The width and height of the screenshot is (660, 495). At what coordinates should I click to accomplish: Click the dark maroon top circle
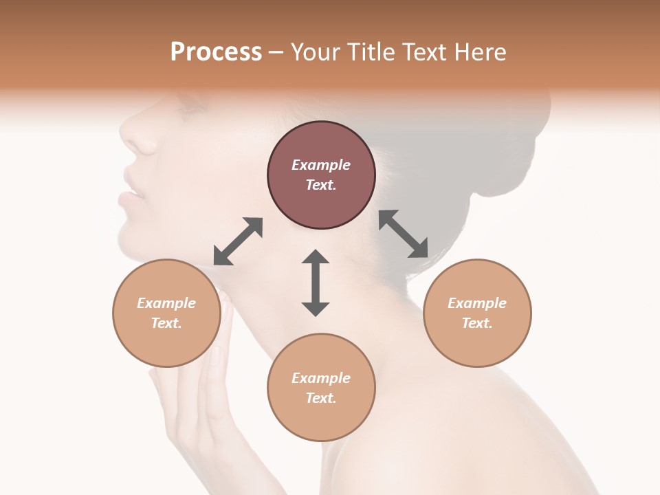321,175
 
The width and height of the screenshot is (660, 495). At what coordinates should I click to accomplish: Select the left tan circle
166,313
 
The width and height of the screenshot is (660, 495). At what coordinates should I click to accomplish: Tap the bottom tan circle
321,388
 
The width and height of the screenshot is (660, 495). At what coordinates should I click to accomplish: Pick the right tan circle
477,313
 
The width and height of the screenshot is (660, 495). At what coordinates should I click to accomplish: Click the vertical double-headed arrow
316,283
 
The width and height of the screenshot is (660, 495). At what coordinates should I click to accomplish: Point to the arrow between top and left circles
238,241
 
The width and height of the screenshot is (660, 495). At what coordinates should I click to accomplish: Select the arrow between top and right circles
404,234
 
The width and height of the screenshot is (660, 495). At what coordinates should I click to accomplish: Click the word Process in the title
216,52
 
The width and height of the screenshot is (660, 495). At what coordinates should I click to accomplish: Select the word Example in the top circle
321,165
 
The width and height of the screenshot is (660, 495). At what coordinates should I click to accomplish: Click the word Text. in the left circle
166,323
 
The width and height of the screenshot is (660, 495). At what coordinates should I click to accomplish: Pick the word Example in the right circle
477,303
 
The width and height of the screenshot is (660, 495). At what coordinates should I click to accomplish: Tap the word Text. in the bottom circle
321,398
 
